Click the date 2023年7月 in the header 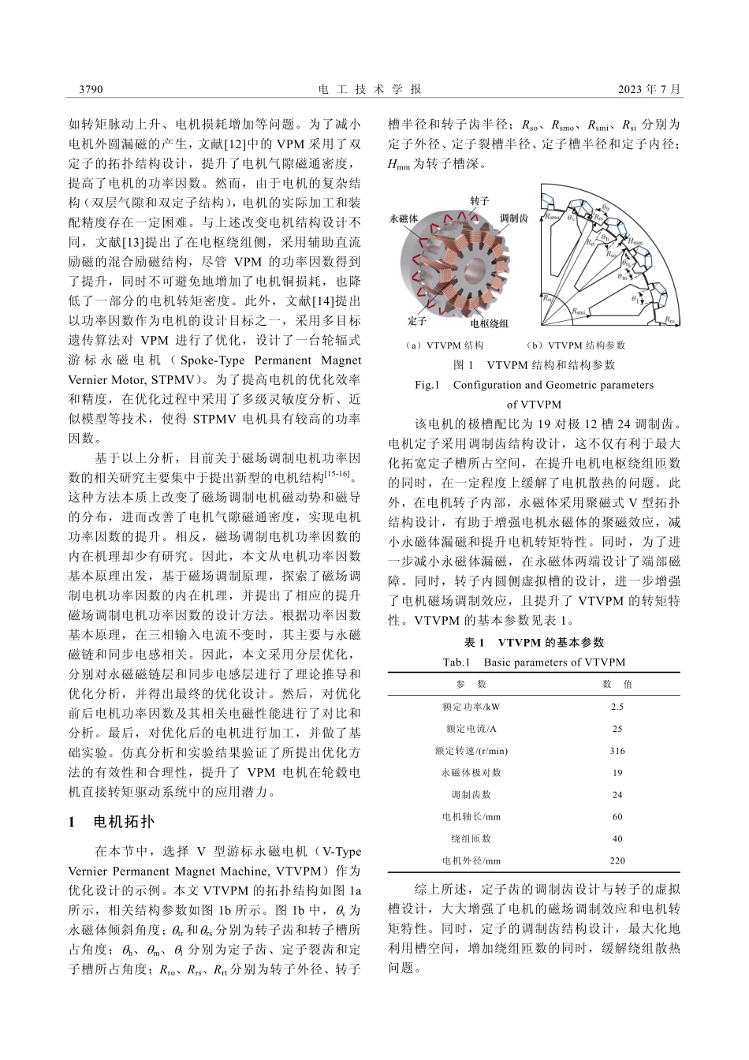(x=649, y=90)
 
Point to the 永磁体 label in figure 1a (x=404, y=218)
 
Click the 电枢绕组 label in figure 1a (x=489, y=323)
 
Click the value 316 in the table (x=617, y=750)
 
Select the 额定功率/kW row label (x=471, y=707)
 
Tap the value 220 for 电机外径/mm (x=617, y=860)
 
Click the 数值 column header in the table (x=617, y=684)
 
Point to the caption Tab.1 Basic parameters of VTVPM (x=534, y=662)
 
